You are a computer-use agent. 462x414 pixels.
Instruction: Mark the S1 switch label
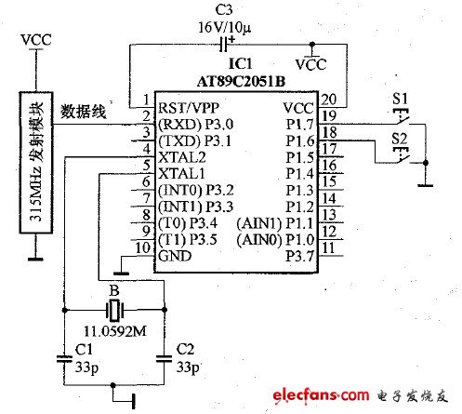point(402,97)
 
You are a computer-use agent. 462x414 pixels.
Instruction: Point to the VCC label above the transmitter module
point(35,40)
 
